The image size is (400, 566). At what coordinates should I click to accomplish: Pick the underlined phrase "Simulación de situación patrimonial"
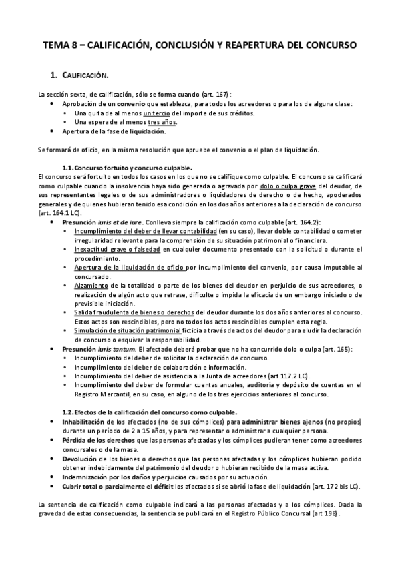128,330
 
